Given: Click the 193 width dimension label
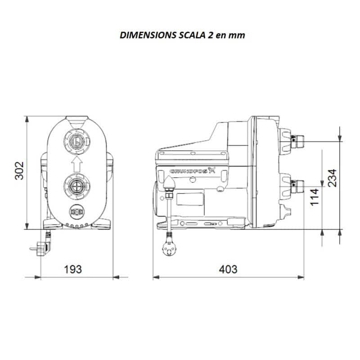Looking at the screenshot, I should [x=73, y=269].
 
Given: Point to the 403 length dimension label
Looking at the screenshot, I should [x=228, y=269].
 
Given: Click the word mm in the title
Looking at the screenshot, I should [x=237, y=36].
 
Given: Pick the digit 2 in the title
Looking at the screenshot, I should [x=211, y=36].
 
